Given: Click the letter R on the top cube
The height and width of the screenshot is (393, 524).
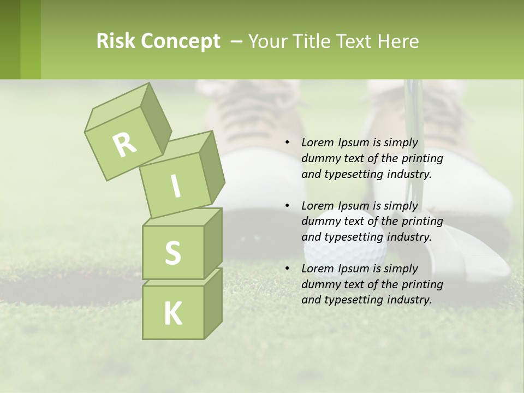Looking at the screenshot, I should (124, 145).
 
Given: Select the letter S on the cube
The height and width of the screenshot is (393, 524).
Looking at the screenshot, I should (172, 253).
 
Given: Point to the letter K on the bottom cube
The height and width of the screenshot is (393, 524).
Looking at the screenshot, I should (173, 313).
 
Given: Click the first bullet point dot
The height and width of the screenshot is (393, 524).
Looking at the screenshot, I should (287, 143).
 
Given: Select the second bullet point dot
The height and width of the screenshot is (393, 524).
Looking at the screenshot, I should (287, 206).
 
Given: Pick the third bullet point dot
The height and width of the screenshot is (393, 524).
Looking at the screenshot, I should (287, 269).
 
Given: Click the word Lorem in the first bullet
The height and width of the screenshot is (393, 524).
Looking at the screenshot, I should (317, 142).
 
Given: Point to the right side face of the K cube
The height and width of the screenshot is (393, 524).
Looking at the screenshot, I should (213, 303).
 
